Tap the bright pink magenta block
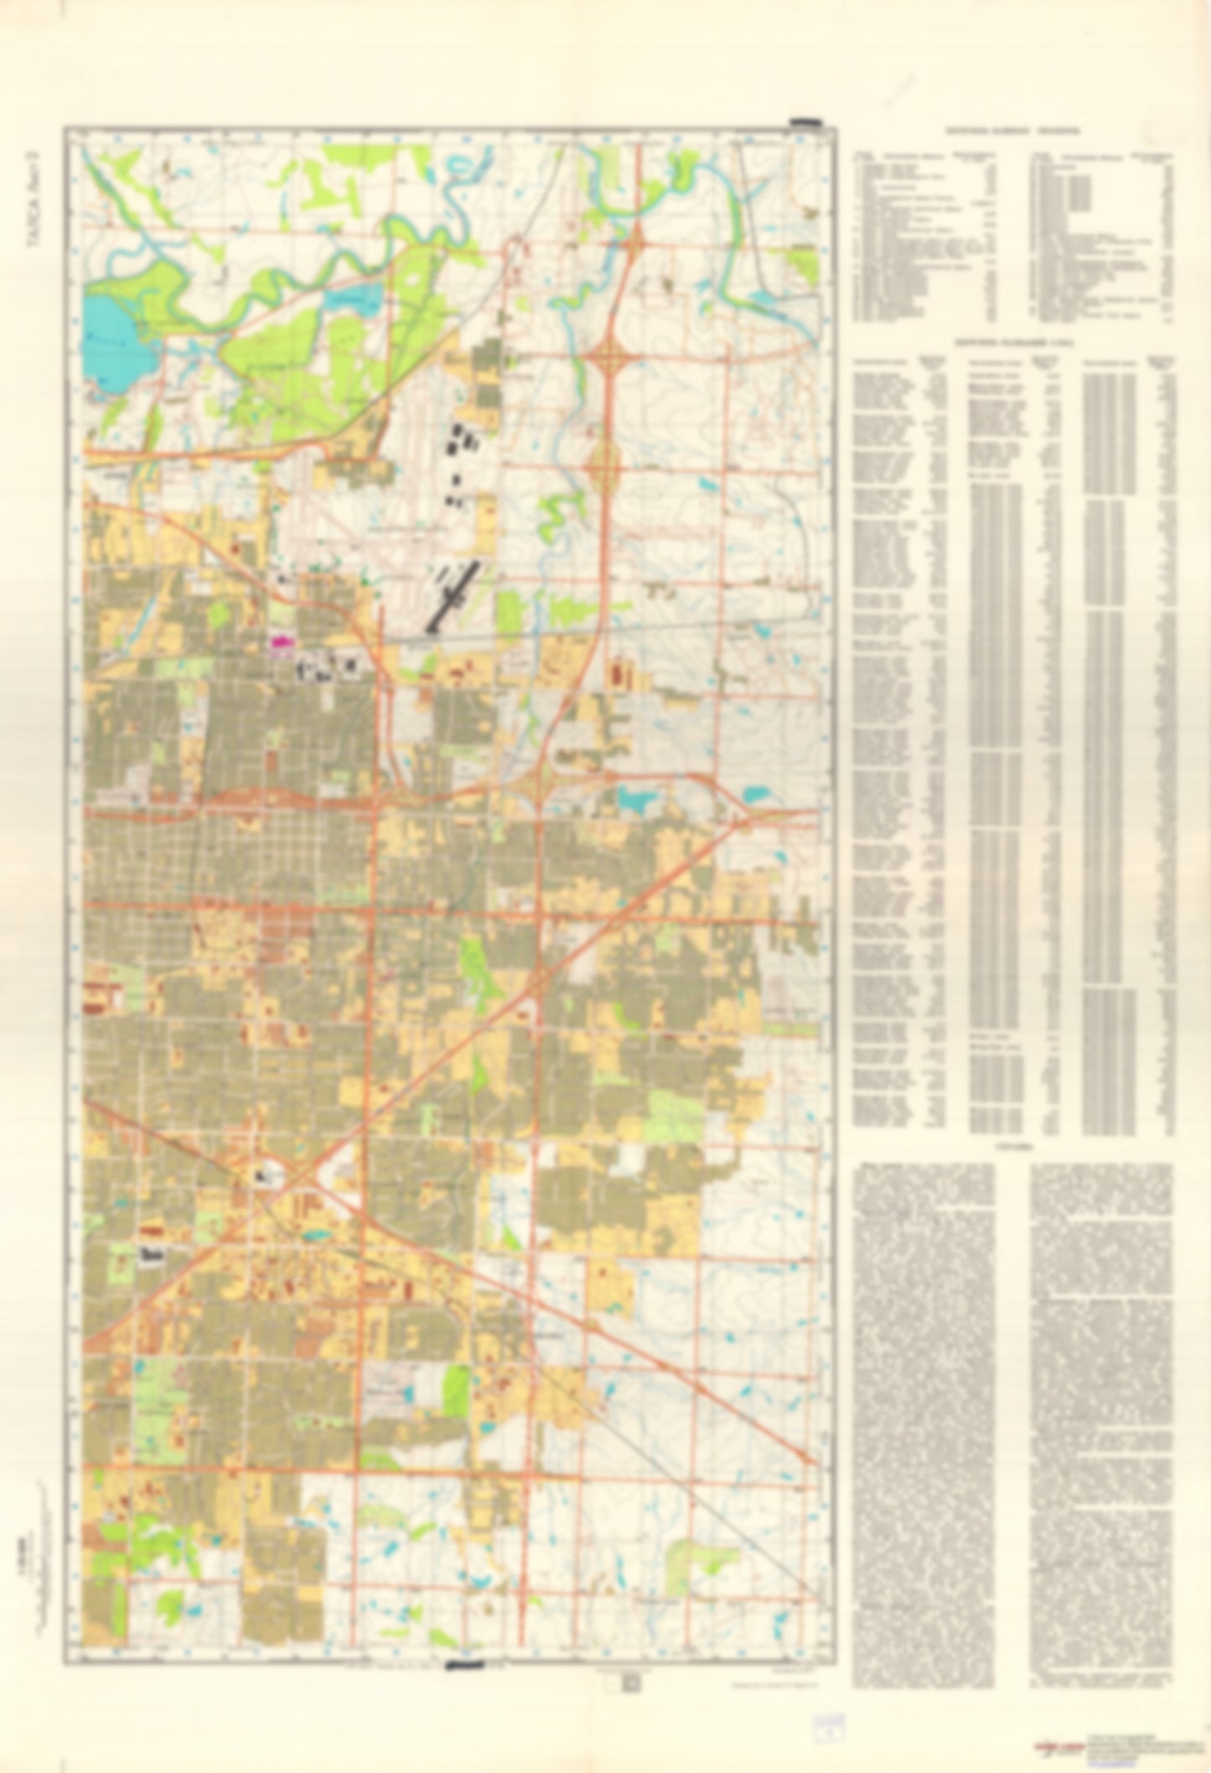pyautogui.click(x=280, y=642)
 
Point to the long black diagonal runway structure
pyautogui.click(x=453, y=596)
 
